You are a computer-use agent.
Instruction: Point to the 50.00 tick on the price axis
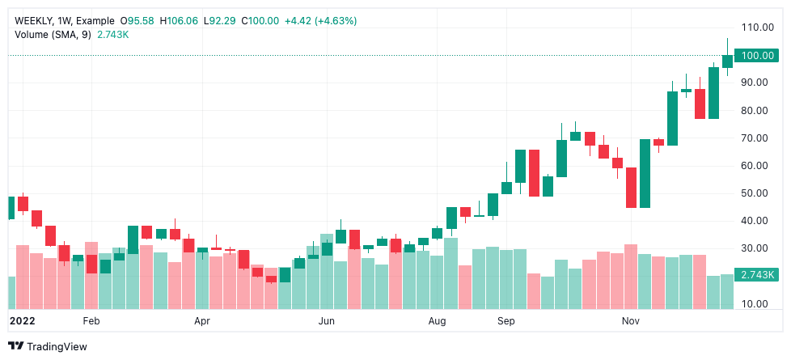click(x=756, y=193)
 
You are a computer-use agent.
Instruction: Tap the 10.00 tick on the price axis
click(x=756, y=303)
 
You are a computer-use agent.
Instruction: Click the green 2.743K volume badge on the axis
click(x=758, y=275)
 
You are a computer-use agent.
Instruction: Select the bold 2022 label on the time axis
click(x=21, y=321)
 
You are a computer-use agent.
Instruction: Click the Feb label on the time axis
click(x=91, y=321)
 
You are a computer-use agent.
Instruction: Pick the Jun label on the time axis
click(x=326, y=321)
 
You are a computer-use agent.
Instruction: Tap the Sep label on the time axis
click(x=506, y=321)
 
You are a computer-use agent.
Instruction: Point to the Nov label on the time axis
click(x=631, y=321)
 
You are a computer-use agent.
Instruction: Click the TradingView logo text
click(x=57, y=347)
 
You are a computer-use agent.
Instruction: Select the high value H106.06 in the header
click(x=181, y=20)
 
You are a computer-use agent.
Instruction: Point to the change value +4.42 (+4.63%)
click(x=321, y=20)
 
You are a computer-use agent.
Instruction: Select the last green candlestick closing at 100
click(x=727, y=61)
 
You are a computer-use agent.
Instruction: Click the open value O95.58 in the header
click(x=137, y=20)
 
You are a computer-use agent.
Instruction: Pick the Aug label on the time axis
click(x=437, y=321)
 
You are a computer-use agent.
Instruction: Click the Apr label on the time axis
click(x=202, y=321)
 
